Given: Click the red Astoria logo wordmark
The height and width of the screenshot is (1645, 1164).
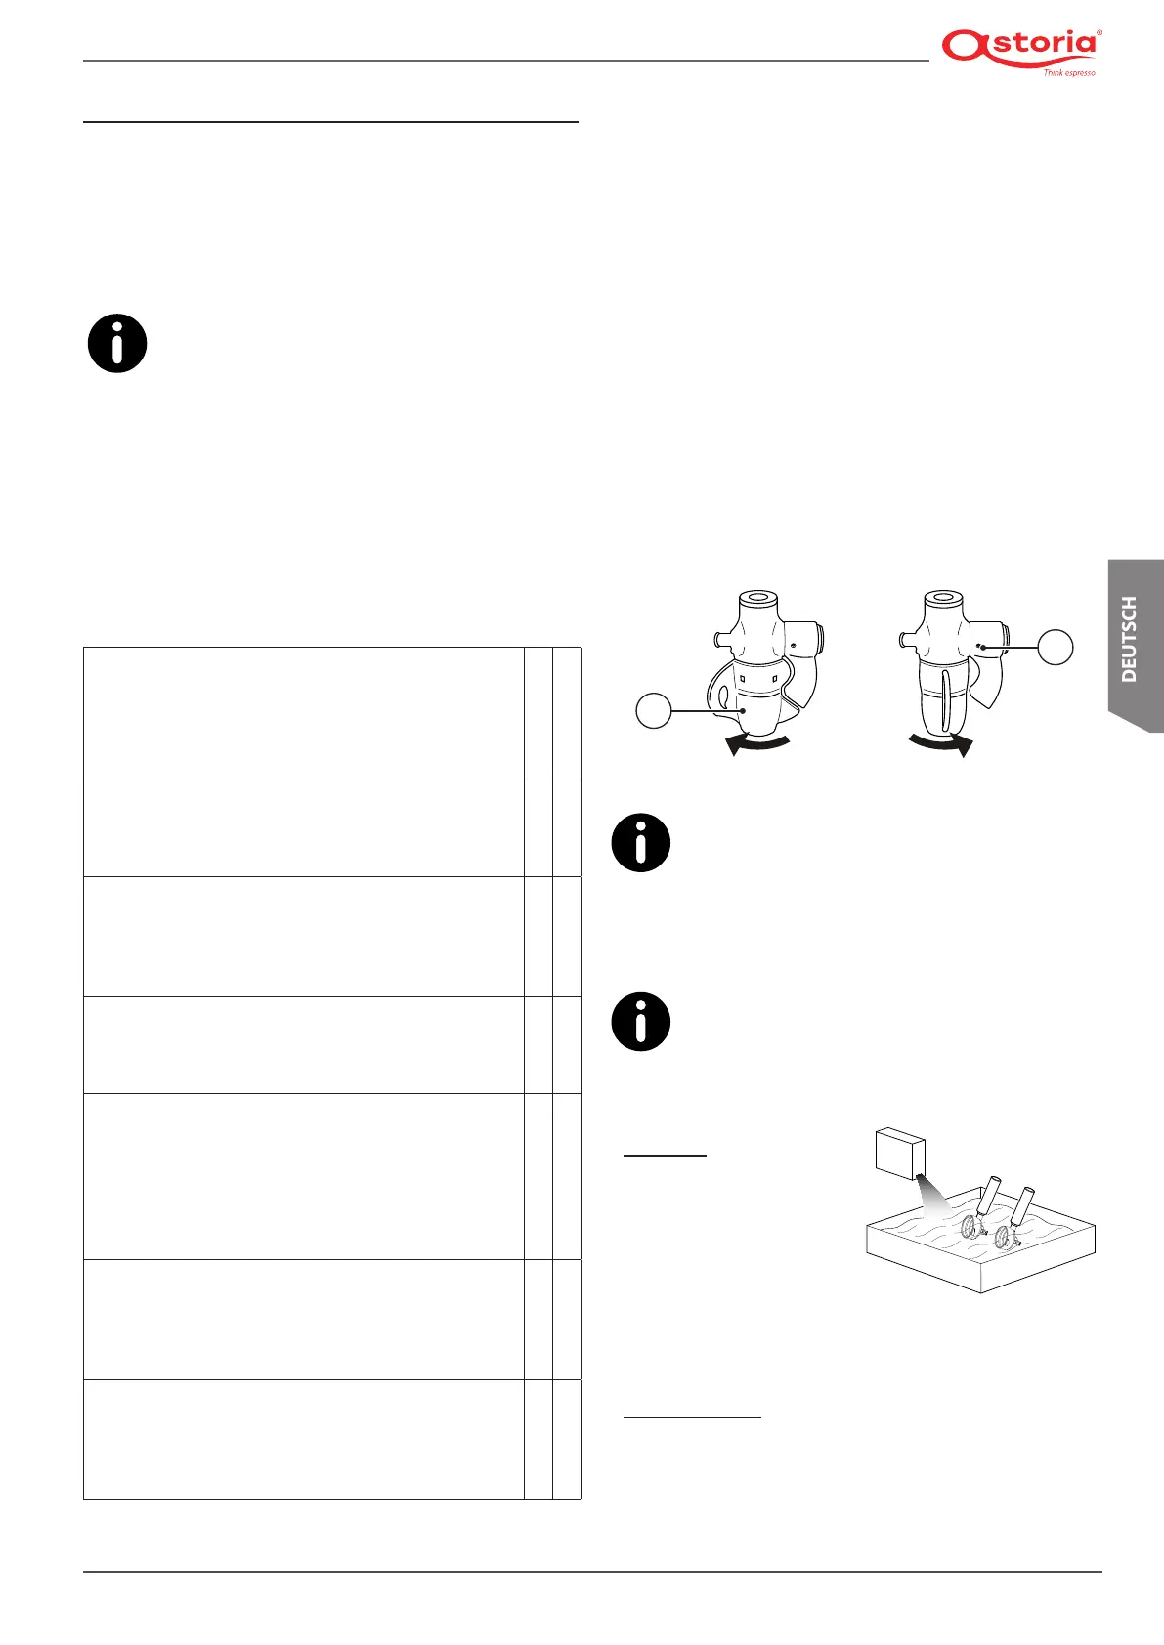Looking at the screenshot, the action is pos(1019,47).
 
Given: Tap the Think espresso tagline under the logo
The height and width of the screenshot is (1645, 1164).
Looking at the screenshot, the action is pos(1068,73).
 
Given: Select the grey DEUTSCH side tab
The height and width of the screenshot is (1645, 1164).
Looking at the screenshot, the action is pos(1133,640).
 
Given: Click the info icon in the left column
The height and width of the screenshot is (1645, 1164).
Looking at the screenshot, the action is pos(117,344).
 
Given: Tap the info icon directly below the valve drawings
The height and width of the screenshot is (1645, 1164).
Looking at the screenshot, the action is pos(641,842).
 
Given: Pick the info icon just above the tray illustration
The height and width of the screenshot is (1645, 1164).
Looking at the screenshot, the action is pos(641,1022).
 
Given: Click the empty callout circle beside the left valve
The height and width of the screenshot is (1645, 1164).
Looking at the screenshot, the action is pos(654,710).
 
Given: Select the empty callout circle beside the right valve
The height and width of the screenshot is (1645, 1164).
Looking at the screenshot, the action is pos(1055,647).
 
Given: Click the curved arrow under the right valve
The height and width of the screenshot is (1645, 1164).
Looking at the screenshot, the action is pos(940,745).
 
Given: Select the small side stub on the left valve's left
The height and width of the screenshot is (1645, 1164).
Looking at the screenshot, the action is pos(718,641).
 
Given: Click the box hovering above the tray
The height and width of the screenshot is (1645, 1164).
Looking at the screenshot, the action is pos(900,1155).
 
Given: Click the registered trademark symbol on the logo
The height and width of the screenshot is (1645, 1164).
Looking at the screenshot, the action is pos(1100,32).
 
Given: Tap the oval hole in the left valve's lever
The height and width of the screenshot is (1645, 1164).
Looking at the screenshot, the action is pos(722,696).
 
